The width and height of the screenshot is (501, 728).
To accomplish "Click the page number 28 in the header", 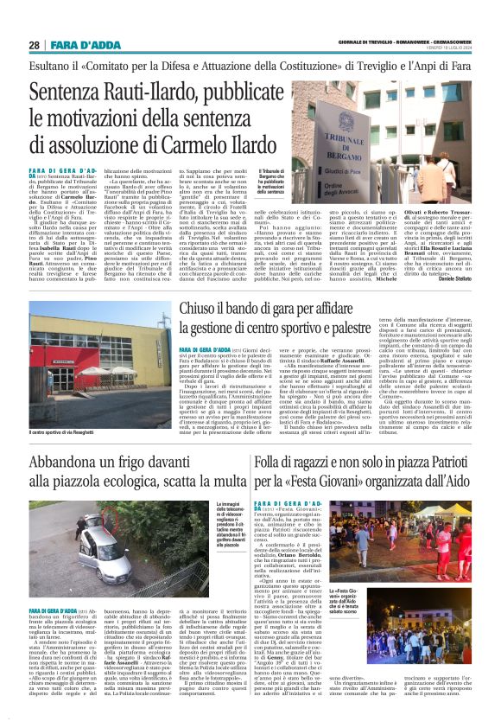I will pos(34,45).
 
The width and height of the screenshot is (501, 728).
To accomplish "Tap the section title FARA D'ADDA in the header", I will pos(78,45).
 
